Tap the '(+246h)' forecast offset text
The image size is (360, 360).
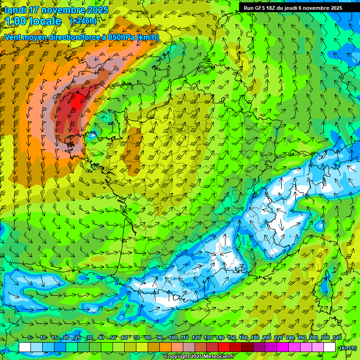tap(83, 21)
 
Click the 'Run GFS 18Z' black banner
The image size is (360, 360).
tap(292, 8)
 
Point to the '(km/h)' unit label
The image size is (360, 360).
tap(347, 348)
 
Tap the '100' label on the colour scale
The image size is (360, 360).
tap(173, 338)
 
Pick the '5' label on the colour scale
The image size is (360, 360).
tap(30, 338)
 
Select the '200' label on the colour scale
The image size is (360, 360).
tap(267, 338)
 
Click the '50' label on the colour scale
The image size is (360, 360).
tap(113, 338)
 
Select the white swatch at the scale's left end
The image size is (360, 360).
tap(25, 347)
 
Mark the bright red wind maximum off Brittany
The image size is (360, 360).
tap(74, 103)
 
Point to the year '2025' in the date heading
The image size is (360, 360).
tap(97, 10)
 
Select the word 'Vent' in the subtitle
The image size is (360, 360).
tap(13, 37)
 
